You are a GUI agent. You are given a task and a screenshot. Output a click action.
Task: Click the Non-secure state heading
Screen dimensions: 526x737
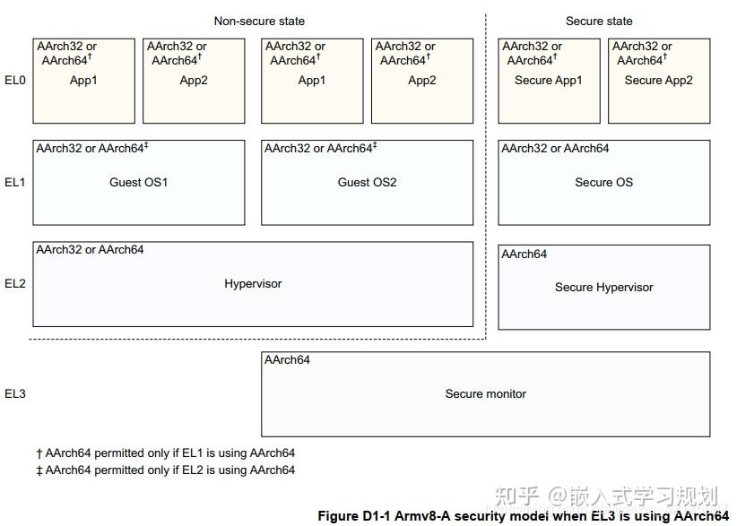pyautogui.click(x=259, y=21)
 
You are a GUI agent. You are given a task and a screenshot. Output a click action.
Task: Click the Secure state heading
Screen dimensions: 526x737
pyautogui.click(x=598, y=21)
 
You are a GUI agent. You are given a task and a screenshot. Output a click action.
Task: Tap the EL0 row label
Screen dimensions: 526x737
pyautogui.click(x=15, y=80)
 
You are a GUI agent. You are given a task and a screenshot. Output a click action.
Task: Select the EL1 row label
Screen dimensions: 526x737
pyautogui.click(x=15, y=182)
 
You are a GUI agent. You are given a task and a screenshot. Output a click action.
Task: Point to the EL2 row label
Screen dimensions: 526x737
pyautogui.click(x=15, y=283)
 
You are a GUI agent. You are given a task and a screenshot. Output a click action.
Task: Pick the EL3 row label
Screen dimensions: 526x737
pyautogui.click(x=15, y=393)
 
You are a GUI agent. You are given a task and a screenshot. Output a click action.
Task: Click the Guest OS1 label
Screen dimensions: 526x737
pyautogui.click(x=139, y=182)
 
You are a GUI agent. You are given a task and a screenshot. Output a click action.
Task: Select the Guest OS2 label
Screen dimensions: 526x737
pyautogui.click(x=367, y=182)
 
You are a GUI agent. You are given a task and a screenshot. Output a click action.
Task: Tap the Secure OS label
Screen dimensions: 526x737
pyautogui.click(x=603, y=182)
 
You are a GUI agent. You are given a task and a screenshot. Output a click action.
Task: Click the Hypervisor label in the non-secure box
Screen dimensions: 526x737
pyautogui.click(x=253, y=283)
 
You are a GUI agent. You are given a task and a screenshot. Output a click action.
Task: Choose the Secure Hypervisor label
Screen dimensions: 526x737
pyautogui.click(x=603, y=287)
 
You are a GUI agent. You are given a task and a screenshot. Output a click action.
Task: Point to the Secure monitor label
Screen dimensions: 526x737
pyautogui.click(x=485, y=393)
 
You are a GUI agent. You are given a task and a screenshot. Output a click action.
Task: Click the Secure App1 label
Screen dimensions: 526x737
pyautogui.click(x=548, y=80)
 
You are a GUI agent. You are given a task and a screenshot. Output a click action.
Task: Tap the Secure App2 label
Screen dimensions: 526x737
pyautogui.click(x=658, y=80)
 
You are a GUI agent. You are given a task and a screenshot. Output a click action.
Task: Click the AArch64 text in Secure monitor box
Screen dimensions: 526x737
pyautogui.click(x=287, y=360)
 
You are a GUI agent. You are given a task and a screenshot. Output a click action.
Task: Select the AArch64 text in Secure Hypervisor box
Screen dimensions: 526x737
pyautogui.click(x=525, y=254)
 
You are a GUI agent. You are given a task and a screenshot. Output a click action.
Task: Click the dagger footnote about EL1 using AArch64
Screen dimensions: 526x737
pyautogui.click(x=165, y=453)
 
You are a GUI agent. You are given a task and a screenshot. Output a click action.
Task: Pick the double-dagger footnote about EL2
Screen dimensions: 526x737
pyautogui.click(x=165, y=470)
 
